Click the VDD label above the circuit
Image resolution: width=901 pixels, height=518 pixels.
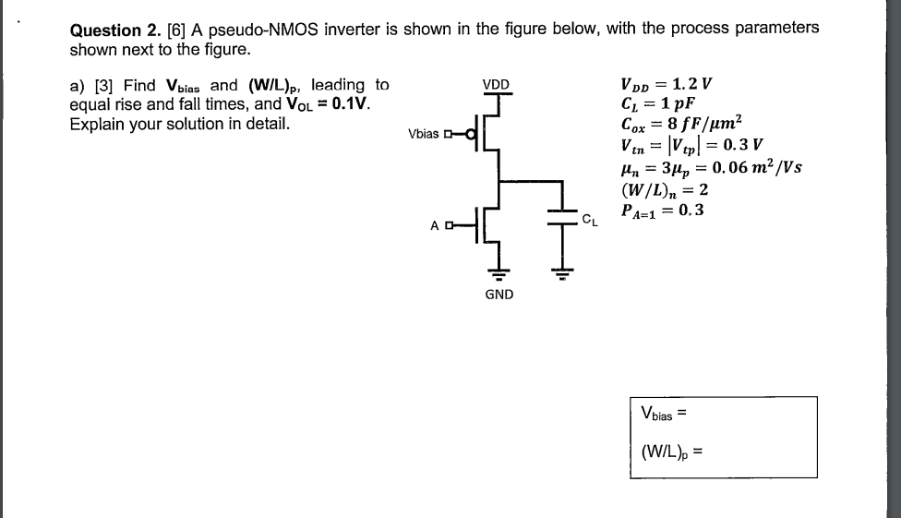(x=496, y=85)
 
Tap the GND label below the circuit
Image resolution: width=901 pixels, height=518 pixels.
(x=499, y=295)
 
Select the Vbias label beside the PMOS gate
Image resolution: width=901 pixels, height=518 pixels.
(x=424, y=134)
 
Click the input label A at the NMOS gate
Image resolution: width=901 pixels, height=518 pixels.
(x=435, y=225)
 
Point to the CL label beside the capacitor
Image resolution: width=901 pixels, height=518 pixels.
(x=590, y=220)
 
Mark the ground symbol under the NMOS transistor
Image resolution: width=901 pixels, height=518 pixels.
(x=499, y=272)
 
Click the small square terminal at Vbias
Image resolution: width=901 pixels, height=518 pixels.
(x=448, y=135)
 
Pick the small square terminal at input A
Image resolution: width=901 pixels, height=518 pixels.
(x=449, y=225)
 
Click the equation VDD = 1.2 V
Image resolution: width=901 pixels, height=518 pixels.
(x=667, y=85)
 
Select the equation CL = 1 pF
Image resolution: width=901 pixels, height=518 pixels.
(x=658, y=103)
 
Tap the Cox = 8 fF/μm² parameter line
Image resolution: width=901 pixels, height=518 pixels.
(x=681, y=123)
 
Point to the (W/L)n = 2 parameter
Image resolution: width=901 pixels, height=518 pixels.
(x=665, y=189)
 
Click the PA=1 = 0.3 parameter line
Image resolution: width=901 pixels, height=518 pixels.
(x=662, y=211)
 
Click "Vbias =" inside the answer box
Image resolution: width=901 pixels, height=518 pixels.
(x=664, y=414)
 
